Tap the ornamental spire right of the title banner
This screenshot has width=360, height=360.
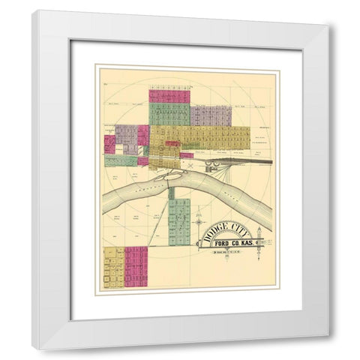click(268, 246)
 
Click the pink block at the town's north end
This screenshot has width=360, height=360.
click(169, 95)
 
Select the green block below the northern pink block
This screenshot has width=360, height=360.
click(168, 113)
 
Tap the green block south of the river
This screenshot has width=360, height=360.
click(179, 223)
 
